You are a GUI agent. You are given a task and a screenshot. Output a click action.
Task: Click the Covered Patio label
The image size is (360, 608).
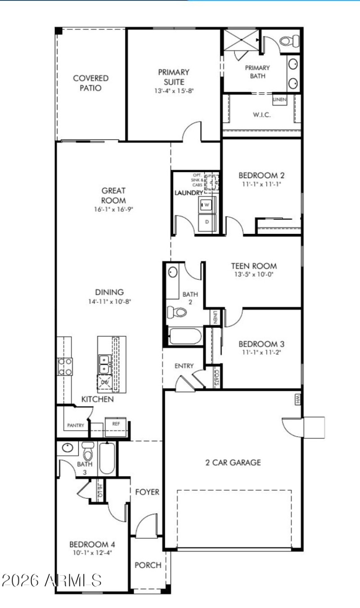coord(90,83)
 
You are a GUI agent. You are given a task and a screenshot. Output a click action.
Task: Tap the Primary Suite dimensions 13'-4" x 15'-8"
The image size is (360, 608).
coord(173,91)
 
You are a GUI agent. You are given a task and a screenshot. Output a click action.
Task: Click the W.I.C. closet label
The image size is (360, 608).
coord(261,115)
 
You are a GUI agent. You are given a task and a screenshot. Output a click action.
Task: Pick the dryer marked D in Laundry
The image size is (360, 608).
coord(207,222)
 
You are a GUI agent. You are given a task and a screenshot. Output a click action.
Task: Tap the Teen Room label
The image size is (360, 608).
coord(254,266)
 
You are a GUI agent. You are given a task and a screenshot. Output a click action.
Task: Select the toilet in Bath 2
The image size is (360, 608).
coord(179,312)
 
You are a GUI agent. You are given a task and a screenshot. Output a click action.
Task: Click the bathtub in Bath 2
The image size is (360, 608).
coord(185,336)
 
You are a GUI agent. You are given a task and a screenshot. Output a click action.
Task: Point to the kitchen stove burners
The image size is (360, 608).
coord(65,366)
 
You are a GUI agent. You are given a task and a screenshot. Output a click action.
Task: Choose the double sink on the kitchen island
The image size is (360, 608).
coord(104,364)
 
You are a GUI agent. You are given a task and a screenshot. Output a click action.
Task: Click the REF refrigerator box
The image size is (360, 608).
coord(116,424)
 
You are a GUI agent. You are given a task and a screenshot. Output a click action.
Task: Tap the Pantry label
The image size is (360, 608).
coord(76,425)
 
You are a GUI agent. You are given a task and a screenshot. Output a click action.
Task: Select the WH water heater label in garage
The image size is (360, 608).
coord(298,398)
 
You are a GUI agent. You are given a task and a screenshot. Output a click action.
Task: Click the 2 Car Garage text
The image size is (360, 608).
coord(233,462)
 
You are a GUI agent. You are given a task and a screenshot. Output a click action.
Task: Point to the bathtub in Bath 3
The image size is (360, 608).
coord(107,459)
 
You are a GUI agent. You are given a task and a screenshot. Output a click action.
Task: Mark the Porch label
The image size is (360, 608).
coord(148,565)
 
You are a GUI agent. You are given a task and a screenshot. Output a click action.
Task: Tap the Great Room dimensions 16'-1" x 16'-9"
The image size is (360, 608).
coord(113,209)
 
